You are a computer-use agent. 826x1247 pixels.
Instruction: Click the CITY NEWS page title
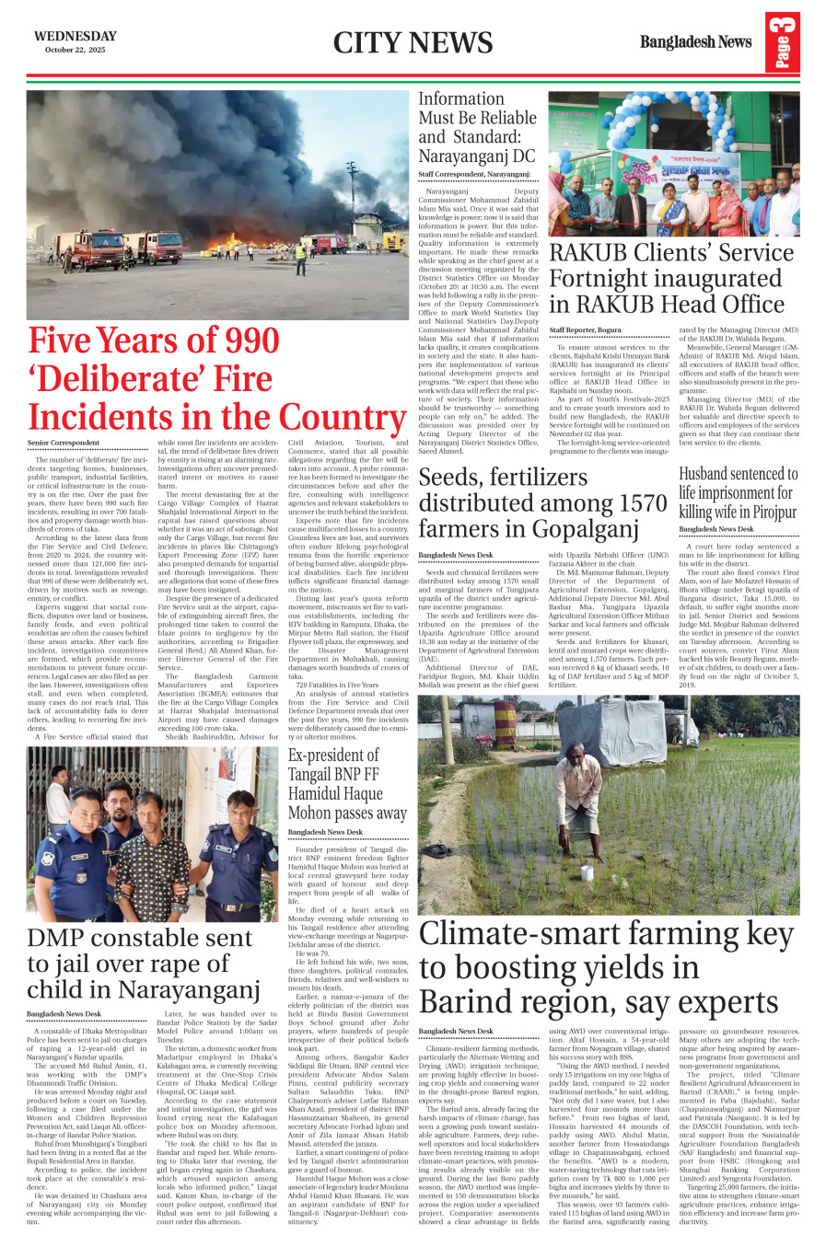coord(413,42)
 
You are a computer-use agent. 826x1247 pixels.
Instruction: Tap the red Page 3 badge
coord(782,42)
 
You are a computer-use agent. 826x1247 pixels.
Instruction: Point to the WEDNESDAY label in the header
coord(76,36)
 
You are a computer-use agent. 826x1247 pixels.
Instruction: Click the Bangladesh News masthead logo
coord(695,41)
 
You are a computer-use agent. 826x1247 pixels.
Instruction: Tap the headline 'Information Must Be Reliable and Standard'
coord(477,127)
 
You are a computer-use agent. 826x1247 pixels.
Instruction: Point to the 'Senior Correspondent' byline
coord(63,444)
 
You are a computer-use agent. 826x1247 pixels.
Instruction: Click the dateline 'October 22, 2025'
coord(76,50)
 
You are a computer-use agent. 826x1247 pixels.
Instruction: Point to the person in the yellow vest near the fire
coord(300,255)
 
